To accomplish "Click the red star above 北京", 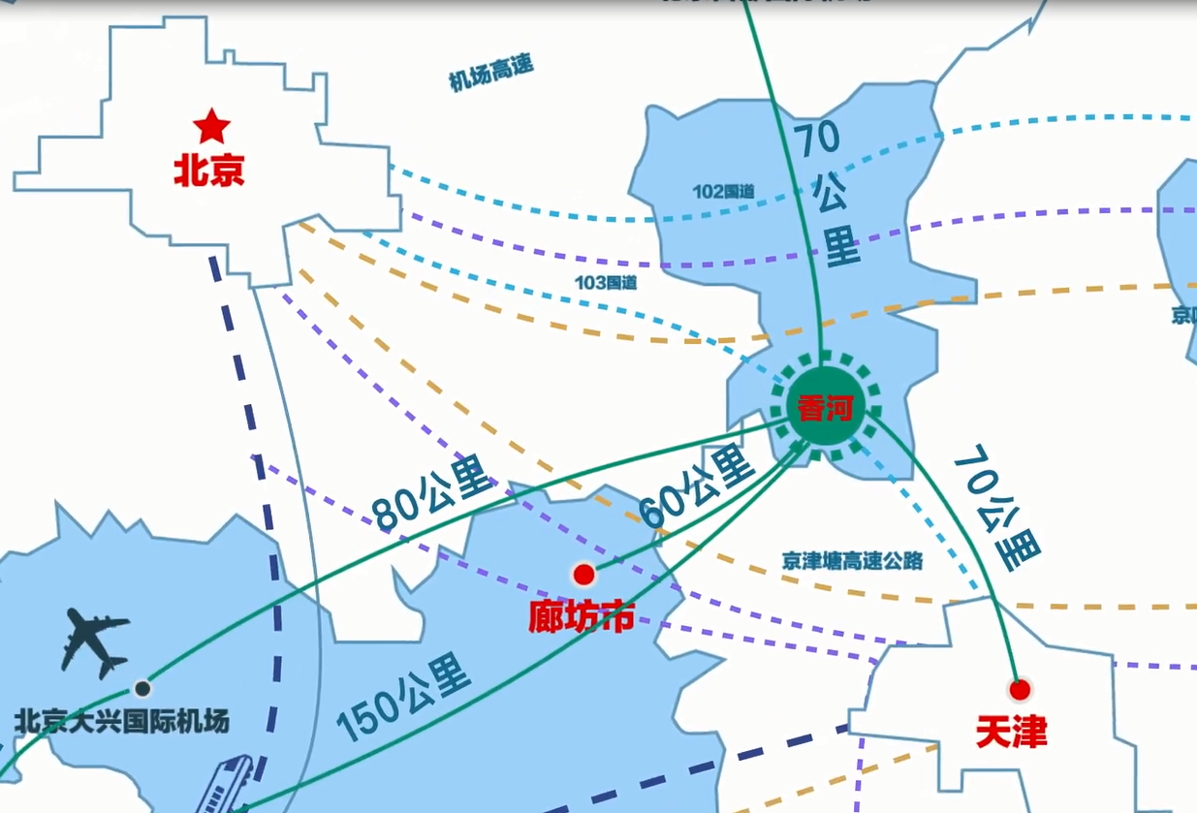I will point(210,126).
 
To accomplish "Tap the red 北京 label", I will point(208,172).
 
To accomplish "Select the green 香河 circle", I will point(824,408).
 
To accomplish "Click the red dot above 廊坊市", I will point(583,575).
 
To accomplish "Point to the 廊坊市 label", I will point(582,615).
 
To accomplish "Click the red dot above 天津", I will point(1019,690).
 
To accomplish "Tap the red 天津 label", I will point(1011,732).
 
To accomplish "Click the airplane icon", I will point(95,641).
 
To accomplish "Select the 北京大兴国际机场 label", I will point(123,721).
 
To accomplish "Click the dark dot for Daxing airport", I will point(142,689).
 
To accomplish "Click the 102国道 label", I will point(723,191).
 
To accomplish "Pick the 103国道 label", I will point(607,283).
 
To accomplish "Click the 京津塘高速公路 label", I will point(852,561).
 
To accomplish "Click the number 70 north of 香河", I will point(818,141).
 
